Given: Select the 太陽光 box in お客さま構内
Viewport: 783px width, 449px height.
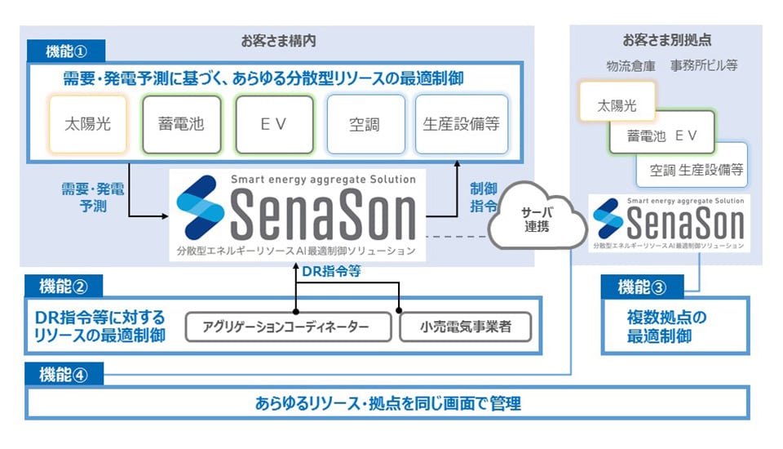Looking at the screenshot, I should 87,125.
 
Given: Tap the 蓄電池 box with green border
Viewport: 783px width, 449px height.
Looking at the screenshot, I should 180,125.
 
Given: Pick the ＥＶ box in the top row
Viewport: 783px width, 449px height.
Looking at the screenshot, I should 274,125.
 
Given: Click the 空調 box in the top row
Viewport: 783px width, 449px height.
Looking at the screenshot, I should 365,125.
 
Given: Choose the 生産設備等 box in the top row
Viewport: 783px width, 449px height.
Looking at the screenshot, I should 461,125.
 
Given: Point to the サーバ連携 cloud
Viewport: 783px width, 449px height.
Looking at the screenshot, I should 536,216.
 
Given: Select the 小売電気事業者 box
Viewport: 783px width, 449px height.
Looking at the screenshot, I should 465,327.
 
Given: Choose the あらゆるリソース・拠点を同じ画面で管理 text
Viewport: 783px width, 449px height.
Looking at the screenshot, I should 387,403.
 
